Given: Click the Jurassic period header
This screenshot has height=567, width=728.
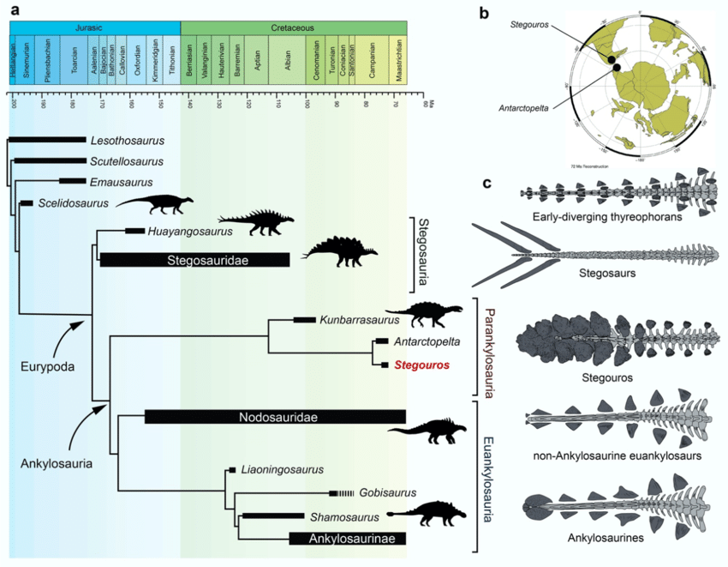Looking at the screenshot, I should point(94,27).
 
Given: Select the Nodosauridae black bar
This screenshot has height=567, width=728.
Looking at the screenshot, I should point(275,418).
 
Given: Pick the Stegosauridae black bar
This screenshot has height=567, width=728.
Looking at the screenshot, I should point(194,259).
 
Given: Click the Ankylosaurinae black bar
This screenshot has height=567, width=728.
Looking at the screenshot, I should point(347,539).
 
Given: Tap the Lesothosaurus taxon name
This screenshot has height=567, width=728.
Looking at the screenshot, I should point(127,140).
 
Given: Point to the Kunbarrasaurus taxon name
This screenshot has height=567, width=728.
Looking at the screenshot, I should point(360,320).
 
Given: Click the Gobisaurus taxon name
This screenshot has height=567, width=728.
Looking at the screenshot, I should point(387,493).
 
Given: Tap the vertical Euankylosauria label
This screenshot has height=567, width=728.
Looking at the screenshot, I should point(491,475).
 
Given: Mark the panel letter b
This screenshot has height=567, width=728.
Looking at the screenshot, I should point(484,14).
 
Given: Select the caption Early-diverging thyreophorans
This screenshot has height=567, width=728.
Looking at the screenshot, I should point(606,217).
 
